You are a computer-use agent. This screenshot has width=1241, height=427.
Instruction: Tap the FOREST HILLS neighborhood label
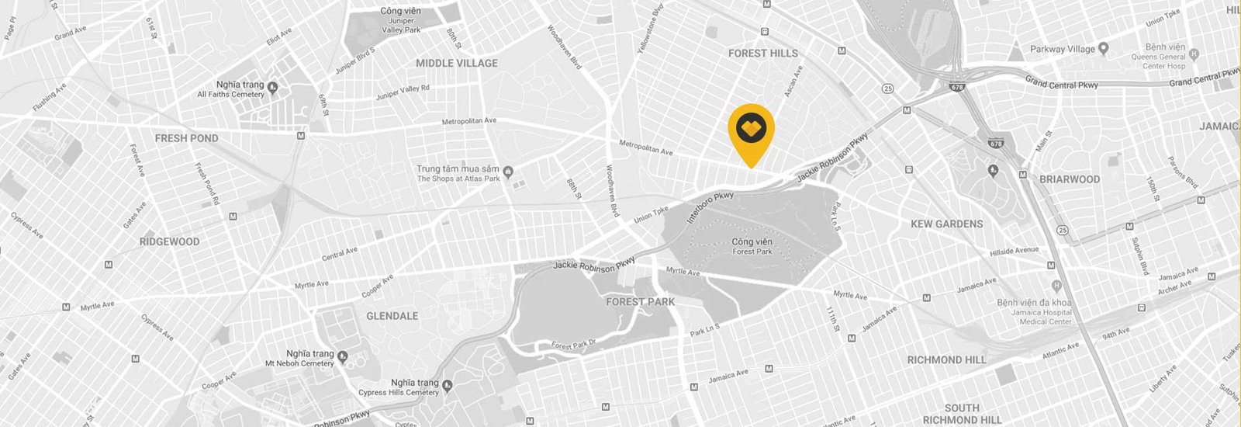pos(762,53)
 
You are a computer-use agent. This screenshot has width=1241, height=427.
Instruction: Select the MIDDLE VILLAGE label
pos(456,63)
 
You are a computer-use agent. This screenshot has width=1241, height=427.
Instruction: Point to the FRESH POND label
pos(186,138)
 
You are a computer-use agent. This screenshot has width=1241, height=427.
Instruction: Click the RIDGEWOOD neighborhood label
pos(169,241)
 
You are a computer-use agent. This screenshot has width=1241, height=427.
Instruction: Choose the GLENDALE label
pos(392,316)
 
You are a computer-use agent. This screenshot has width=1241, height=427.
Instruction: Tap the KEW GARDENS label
pos(946,224)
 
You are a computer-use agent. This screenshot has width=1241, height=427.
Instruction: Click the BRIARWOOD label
pos(1070,179)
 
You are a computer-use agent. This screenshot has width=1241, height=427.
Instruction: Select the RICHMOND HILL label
pos(946,360)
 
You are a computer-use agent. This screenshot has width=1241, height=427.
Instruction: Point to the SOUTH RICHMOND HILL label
pos(962,414)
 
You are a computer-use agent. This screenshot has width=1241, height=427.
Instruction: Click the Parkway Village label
pos(1063,49)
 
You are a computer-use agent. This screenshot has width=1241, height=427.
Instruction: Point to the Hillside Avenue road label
pos(1014,252)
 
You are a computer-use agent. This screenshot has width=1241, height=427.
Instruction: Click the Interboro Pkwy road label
pos(710,208)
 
